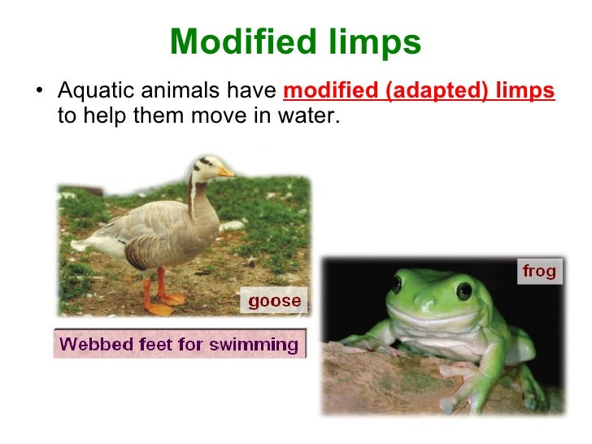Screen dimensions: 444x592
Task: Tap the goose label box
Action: point(274,301)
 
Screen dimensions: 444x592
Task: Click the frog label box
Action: point(539,271)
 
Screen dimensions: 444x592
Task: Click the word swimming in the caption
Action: point(254,344)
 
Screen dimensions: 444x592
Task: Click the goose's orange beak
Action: point(226,172)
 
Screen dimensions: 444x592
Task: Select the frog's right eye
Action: point(464,289)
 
